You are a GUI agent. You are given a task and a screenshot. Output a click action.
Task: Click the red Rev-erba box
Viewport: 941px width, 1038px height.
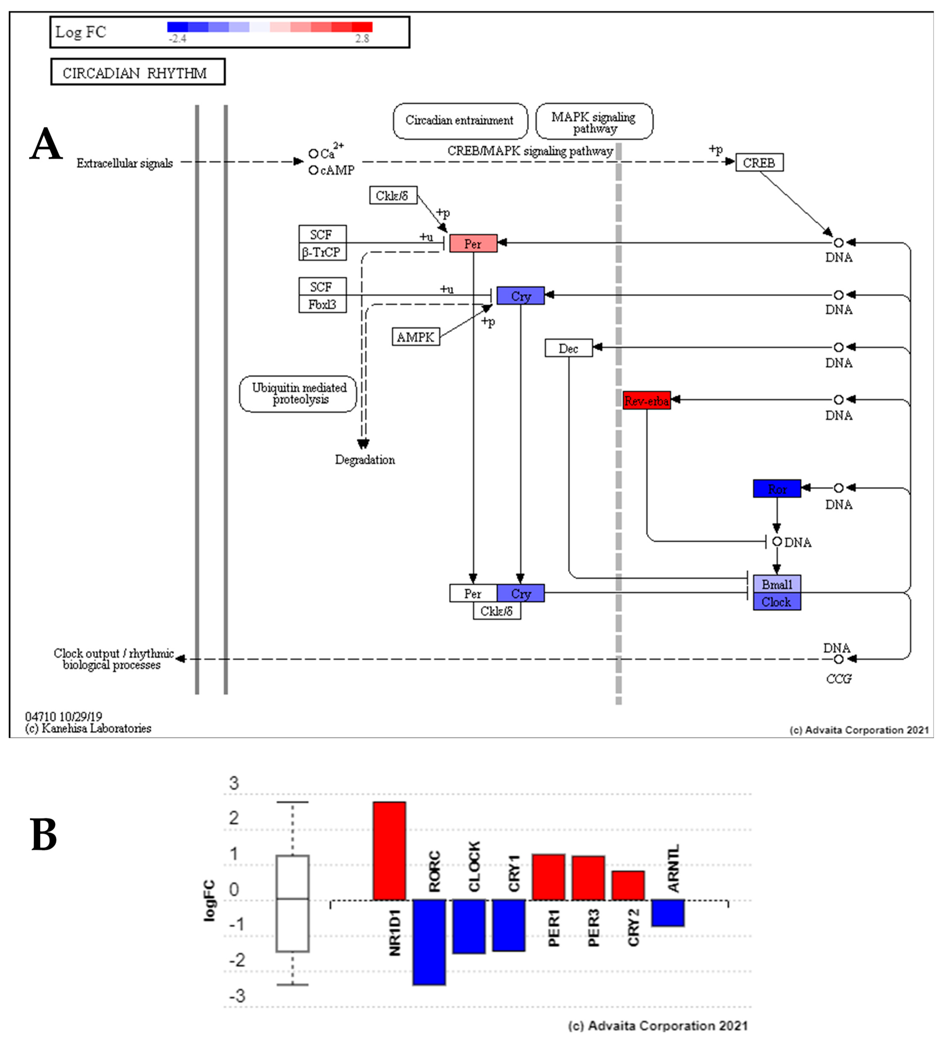tap(646, 400)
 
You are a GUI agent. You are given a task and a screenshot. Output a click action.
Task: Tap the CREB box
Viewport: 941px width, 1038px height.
tap(759, 163)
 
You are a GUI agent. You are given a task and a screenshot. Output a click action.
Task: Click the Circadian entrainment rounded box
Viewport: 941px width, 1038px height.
tap(459, 120)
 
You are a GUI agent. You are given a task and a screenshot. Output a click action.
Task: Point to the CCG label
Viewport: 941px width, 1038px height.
tap(839, 679)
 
